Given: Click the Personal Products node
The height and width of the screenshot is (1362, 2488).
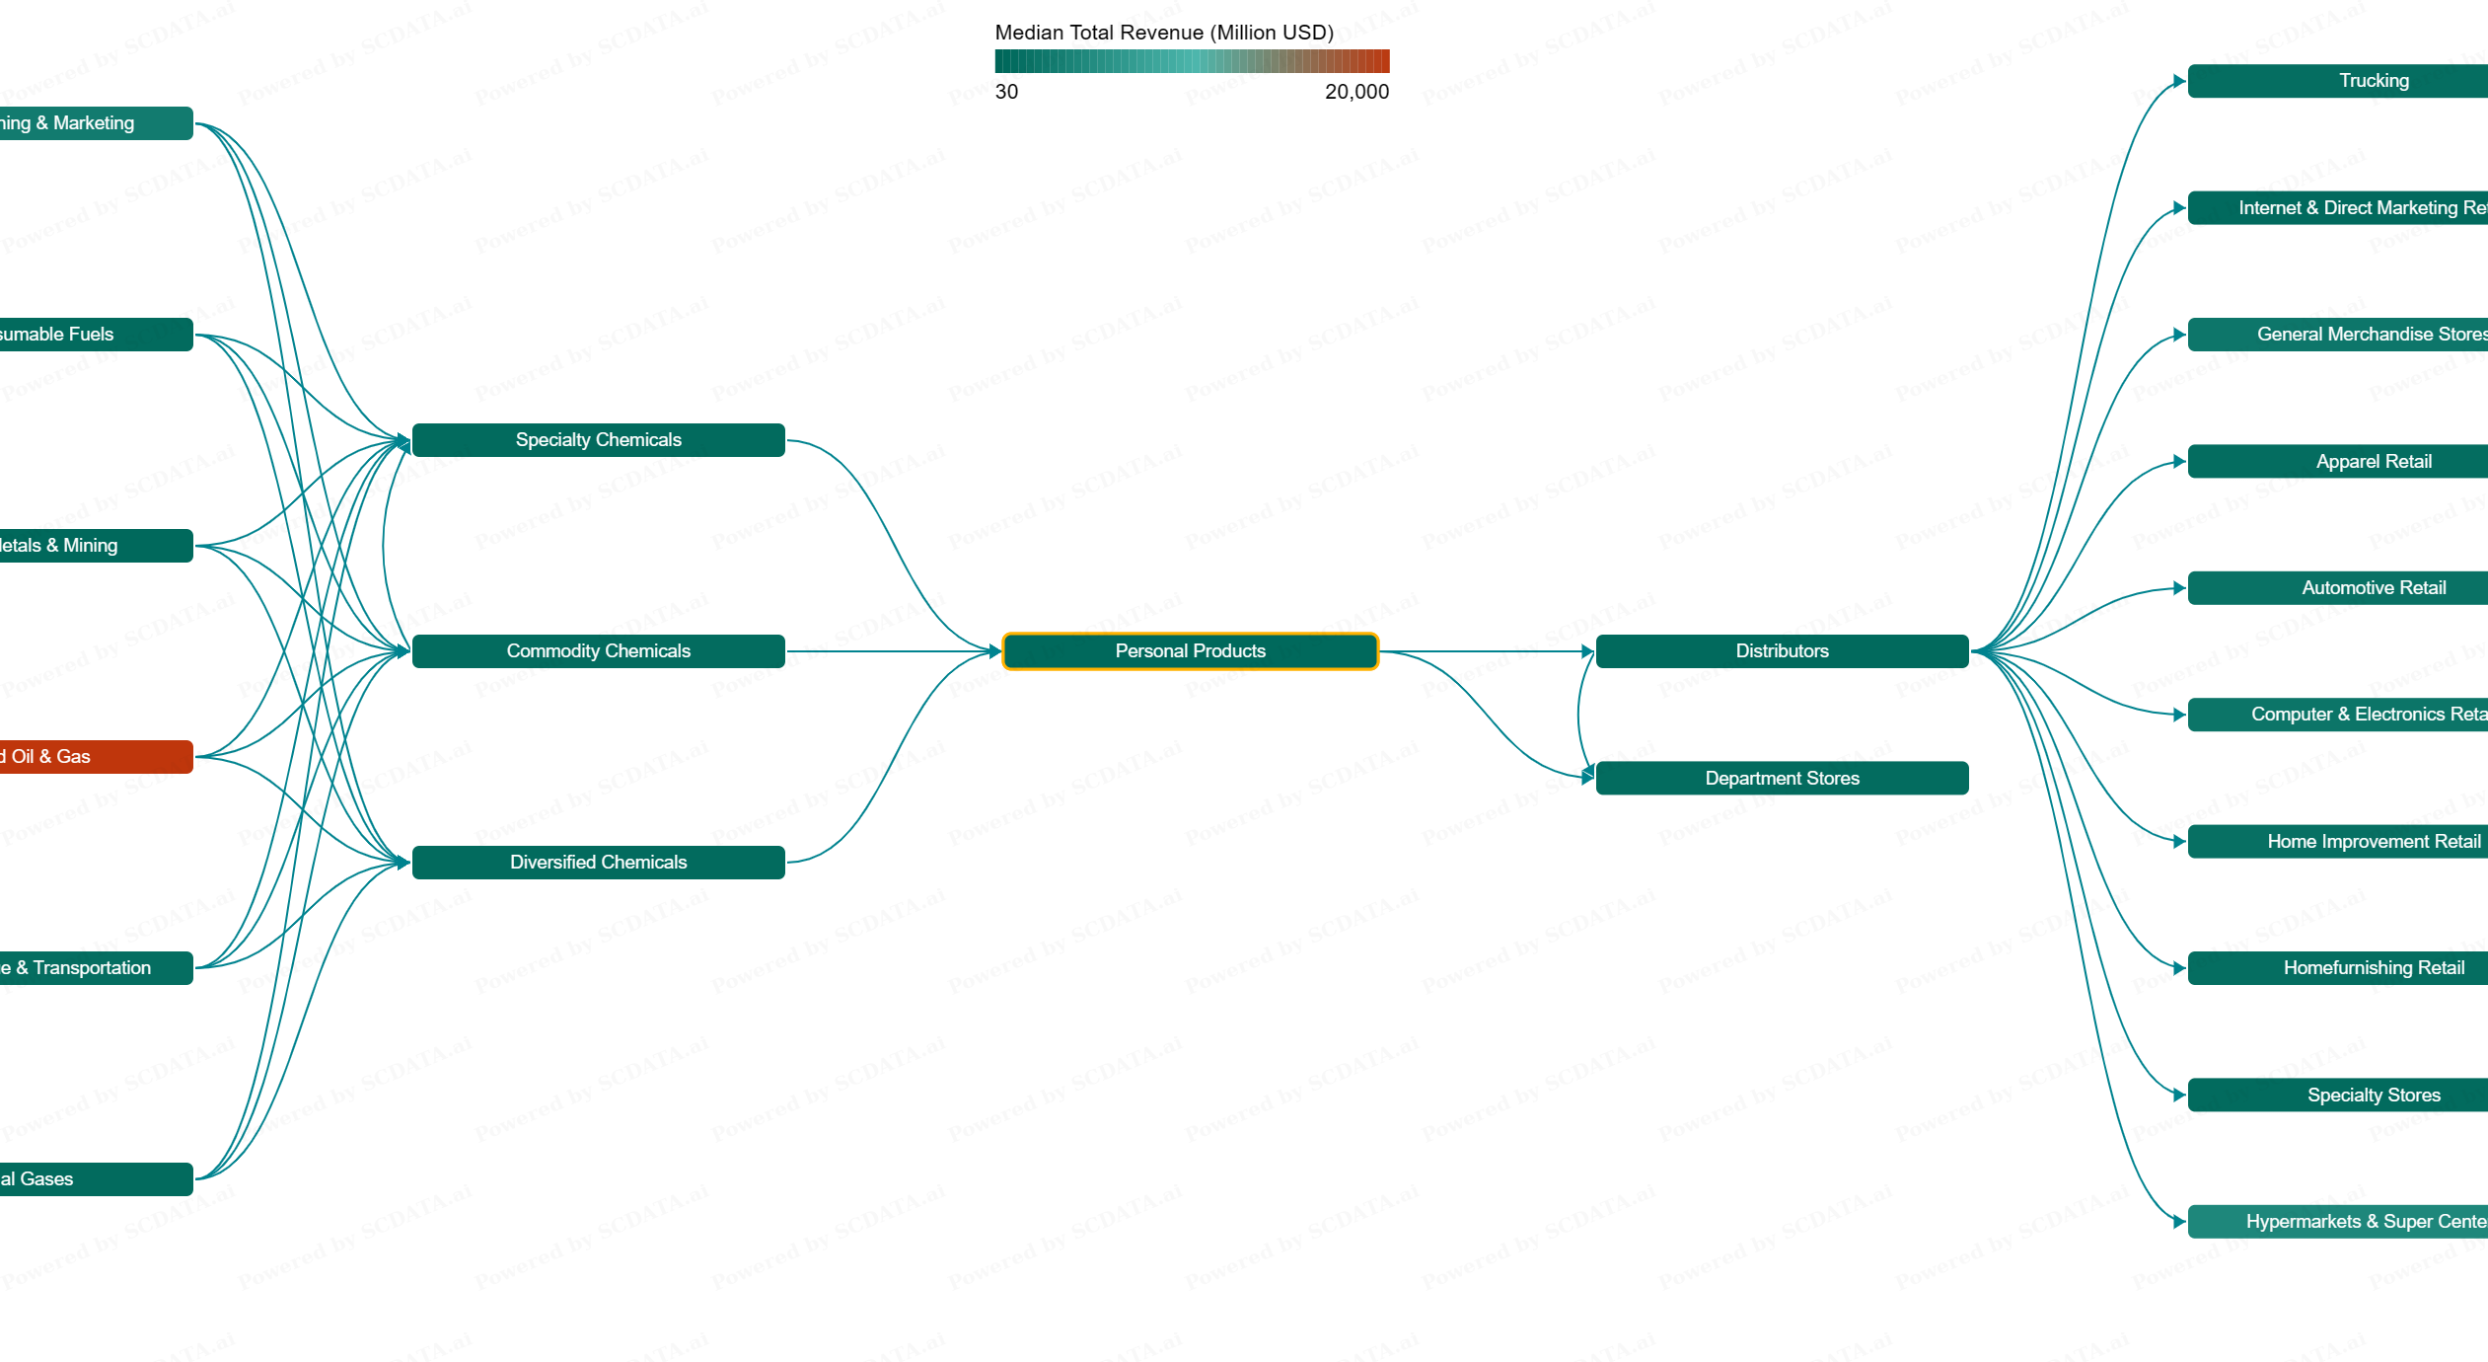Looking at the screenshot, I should coord(1190,651).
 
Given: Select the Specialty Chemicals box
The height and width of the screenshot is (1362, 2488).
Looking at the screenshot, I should coord(598,440).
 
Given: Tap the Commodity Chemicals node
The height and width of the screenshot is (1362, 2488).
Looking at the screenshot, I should coord(598,651).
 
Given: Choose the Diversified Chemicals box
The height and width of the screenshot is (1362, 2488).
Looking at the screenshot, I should coord(598,863).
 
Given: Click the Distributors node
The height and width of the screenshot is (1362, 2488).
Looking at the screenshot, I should coord(1782,651).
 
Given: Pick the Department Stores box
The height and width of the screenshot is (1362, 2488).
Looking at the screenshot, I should coord(1782,778).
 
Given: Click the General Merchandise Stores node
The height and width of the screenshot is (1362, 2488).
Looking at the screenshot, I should coord(2368,335).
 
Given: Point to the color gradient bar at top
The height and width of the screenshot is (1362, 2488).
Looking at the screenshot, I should coord(1192,61).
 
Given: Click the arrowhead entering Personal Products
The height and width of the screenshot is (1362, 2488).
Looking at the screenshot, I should coord(994,651).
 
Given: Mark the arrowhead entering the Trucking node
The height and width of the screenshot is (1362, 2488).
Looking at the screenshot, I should coord(2178,81).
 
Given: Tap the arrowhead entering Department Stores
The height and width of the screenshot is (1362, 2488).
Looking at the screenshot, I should coord(1586,777).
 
